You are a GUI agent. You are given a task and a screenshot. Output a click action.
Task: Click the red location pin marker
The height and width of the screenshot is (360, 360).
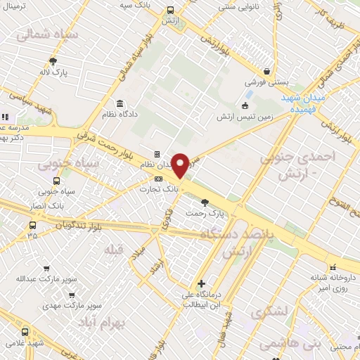point(181,165)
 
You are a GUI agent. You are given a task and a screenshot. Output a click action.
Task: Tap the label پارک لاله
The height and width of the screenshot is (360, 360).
point(53,72)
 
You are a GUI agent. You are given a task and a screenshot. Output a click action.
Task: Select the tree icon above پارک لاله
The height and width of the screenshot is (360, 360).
point(53,62)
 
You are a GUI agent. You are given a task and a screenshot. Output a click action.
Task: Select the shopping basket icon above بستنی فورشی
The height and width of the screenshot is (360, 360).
point(267,71)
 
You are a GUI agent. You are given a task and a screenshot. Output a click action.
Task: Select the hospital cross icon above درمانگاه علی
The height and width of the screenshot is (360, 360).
point(202,283)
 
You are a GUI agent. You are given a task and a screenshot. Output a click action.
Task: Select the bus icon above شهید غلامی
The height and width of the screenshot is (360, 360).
point(25,332)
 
